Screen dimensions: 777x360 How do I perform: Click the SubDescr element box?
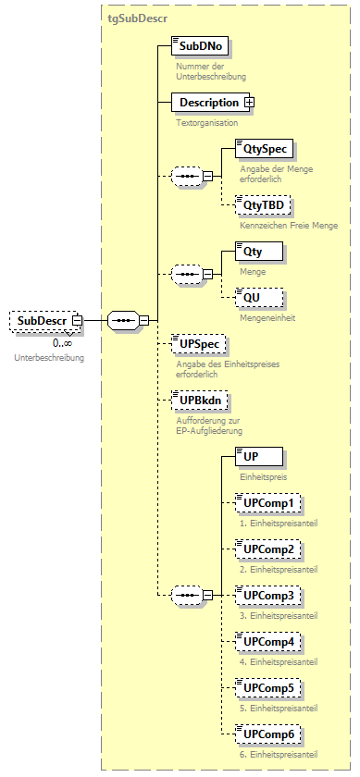pos(41,321)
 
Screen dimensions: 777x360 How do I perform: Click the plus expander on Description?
pos(249,103)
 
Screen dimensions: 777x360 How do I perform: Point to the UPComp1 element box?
pos(267,503)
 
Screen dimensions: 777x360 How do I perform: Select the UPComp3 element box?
pos(267,595)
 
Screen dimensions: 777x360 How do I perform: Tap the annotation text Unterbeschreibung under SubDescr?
pos(48,357)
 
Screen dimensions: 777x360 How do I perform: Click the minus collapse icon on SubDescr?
pos(78,321)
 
